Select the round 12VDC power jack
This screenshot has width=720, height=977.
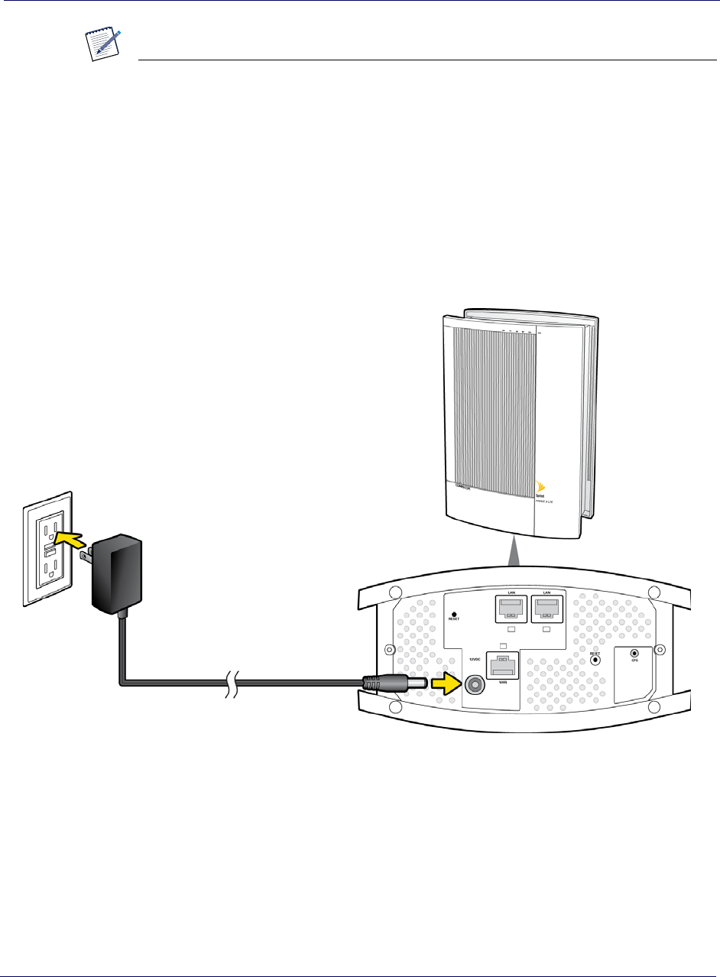pyautogui.click(x=475, y=683)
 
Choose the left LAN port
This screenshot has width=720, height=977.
pyautogui.click(x=510, y=609)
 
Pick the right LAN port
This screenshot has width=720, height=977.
pyautogui.click(x=547, y=609)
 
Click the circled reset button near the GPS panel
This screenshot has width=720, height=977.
pyautogui.click(x=595, y=660)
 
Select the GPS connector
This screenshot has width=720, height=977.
pyautogui.click(x=634, y=654)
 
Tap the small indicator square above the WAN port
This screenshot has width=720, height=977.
pyautogui.click(x=503, y=646)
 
